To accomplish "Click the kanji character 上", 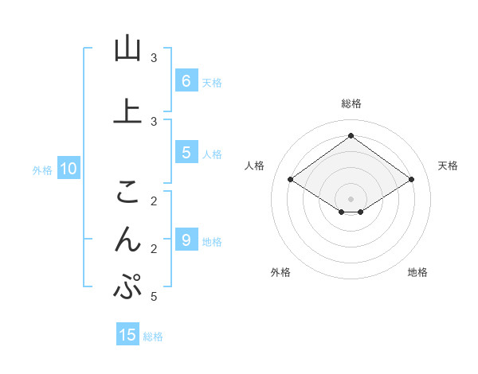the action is (x=127, y=111).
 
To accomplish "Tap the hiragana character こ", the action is (x=127, y=191).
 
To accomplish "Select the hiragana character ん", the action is (x=127, y=239).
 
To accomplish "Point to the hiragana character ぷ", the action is (x=127, y=287).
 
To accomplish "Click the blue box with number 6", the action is (x=186, y=80).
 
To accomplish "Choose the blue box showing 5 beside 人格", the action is (x=186, y=153).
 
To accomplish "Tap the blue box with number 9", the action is (x=186, y=240).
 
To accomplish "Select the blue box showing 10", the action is (x=68, y=168).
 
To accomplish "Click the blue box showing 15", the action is (x=127, y=335).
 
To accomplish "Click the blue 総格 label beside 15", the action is (x=153, y=337).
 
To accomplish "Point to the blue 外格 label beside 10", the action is (x=41, y=169).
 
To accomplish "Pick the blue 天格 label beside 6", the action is (x=212, y=82).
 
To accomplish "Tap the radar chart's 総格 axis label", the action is (x=351, y=103).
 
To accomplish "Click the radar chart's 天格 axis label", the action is (x=448, y=166).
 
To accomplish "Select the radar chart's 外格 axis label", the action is (x=280, y=272).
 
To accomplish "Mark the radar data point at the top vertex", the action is (x=351, y=136).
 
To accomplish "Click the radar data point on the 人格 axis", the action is (x=291, y=180).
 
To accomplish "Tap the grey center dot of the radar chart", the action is (x=351, y=198).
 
